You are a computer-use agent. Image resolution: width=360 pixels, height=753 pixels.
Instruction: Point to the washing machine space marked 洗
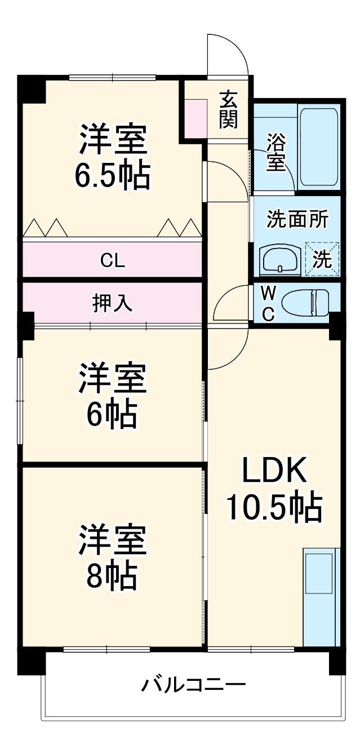click(x=322, y=260)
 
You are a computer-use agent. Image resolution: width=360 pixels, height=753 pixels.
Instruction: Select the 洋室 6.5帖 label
click(x=113, y=158)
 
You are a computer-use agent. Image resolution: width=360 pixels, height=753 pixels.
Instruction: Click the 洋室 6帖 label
click(x=113, y=396)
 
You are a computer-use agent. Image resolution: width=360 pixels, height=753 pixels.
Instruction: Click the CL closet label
click(x=113, y=260)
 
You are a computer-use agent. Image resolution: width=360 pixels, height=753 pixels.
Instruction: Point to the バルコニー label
click(x=193, y=685)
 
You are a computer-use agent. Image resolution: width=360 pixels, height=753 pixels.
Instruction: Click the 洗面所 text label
click(x=296, y=219)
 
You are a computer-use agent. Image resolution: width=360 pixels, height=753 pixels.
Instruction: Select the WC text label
click(x=269, y=303)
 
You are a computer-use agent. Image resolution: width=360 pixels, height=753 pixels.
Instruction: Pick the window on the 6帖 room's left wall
click(x=20, y=401)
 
